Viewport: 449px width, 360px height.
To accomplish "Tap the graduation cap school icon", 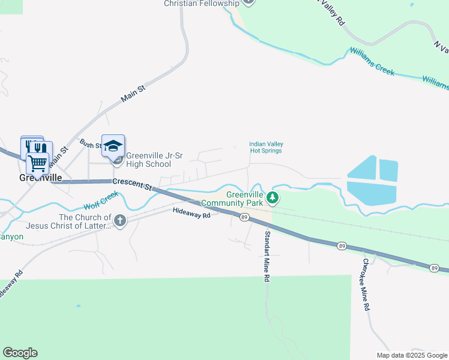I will point(113,145).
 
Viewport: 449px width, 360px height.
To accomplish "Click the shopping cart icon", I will point(37,163).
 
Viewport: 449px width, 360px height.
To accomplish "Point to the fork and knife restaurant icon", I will point(41,148).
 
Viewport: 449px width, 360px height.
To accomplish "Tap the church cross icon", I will point(120,221).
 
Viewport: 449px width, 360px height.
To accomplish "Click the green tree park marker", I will point(273,197).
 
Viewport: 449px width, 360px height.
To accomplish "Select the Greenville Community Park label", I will point(245,199).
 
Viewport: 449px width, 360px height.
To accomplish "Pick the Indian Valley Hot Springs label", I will point(266,147).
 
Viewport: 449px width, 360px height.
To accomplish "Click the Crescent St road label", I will point(131,184).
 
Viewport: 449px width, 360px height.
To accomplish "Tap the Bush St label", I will point(90,145).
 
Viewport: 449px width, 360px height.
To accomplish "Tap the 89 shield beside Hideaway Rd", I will point(244,217).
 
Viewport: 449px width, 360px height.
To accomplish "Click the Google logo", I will point(20,353).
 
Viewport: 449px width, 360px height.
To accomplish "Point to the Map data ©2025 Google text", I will point(411,355).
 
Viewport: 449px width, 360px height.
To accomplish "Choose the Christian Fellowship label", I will point(202,4).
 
